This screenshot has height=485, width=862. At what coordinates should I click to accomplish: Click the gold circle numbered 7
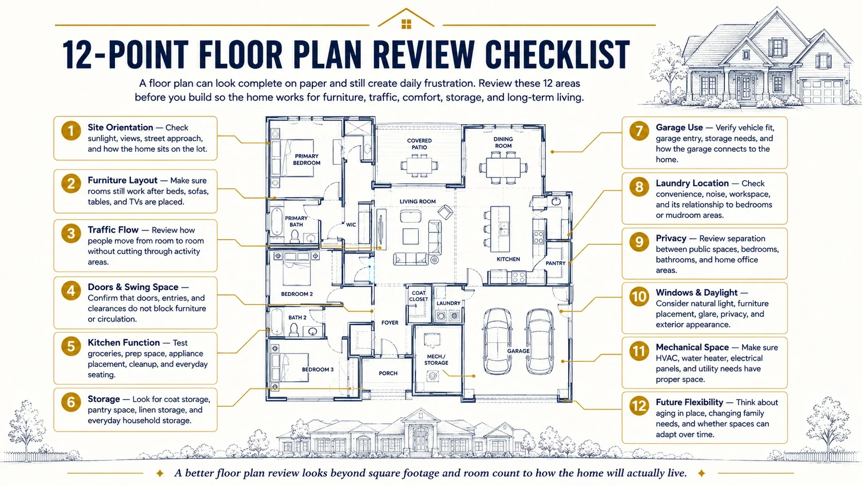pos(639,130)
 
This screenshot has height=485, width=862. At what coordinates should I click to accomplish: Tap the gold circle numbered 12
pos(639,406)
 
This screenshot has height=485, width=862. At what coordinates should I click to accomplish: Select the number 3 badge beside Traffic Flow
pos(71,233)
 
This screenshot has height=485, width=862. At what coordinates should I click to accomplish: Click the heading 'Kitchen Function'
pos(124,342)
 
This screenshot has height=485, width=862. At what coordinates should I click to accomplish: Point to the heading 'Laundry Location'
pos(692,183)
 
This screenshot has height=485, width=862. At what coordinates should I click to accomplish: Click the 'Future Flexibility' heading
pos(690,403)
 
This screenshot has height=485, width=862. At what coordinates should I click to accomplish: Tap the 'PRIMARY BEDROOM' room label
pos(307,159)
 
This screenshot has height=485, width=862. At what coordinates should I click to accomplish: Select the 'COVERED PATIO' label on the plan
pos(419,144)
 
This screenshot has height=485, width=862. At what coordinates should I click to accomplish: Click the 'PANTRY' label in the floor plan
pos(555,263)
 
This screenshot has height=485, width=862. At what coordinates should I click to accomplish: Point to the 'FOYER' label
pos(390,323)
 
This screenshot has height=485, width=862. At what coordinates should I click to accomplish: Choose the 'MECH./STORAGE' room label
pos(436,360)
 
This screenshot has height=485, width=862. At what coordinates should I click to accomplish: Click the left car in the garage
pos(497,341)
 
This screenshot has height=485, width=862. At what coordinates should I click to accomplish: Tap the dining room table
pos(503,168)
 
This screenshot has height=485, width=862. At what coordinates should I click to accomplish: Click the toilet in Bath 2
pos(294,330)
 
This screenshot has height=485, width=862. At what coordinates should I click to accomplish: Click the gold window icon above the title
pos(406,24)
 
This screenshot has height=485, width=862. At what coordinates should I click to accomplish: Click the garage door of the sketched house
pos(821,92)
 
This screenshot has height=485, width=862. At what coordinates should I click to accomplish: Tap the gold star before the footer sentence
pos(160,473)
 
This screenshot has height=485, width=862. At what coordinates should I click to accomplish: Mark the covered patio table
pos(419,166)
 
